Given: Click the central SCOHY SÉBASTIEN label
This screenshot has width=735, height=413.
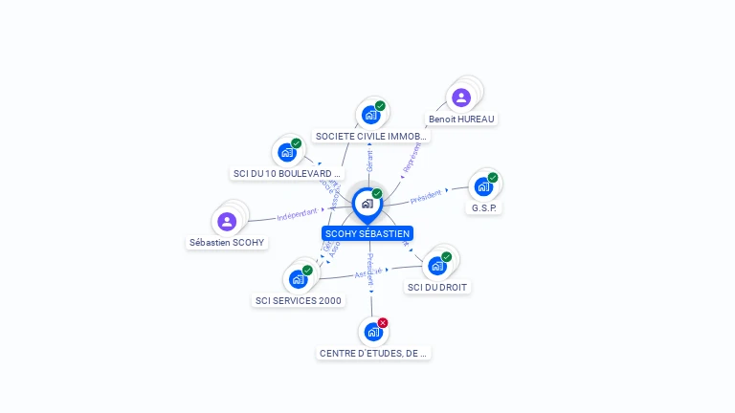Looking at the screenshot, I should tap(367, 233).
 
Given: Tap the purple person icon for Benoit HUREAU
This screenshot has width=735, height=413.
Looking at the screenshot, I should tap(461, 98).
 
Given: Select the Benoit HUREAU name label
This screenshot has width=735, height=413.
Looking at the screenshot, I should tap(462, 120).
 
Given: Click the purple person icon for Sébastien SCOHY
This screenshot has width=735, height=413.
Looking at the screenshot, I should tap(227, 222).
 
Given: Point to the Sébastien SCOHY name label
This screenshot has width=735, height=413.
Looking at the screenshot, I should tap(227, 243).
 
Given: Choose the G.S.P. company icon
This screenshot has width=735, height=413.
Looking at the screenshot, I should tap(483, 186).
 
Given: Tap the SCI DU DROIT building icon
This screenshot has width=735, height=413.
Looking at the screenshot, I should tap(437, 265).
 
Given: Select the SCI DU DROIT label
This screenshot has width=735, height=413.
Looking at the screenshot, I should tap(438, 287).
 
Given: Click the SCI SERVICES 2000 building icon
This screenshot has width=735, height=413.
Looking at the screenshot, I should tap(298, 279).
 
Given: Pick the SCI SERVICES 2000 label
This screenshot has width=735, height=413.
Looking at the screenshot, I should tap(299, 300).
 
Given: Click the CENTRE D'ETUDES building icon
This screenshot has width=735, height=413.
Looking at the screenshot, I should tap(373, 332).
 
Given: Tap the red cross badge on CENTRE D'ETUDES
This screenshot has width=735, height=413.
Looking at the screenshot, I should tap(383, 323).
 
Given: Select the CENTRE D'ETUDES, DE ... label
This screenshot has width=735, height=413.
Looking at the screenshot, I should tap(374, 353).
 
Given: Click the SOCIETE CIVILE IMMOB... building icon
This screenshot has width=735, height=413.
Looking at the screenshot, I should tap(371, 115).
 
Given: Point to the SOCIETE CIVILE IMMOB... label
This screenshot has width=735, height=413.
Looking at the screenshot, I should tap(371, 137).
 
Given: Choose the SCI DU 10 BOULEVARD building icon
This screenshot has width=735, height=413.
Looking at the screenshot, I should tap(286, 152).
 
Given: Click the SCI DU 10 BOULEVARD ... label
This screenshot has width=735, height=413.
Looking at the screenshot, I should tap(286, 174).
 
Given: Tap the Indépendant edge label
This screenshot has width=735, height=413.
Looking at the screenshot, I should tap(297, 216).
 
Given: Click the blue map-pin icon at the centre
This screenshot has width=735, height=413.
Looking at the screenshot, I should tap(367, 204).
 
